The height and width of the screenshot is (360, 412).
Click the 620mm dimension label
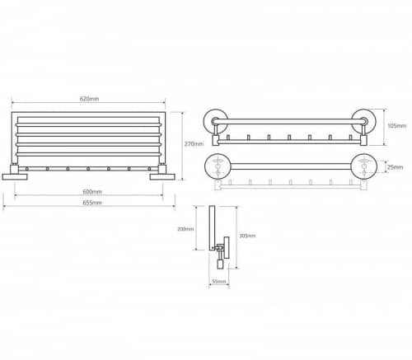tap(89, 99)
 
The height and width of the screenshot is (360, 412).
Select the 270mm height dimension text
tap(194, 144)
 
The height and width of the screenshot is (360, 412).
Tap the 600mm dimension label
tap(92, 192)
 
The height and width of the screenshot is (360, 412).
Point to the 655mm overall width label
tap(92, 203)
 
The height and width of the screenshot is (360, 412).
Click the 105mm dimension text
tap(397, 126)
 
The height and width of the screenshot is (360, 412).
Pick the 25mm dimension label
tap(395, 167)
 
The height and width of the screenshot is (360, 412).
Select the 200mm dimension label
tap(185, 229)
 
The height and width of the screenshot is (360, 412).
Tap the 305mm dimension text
tap(247, 236)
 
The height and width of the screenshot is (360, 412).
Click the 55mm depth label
tap(219, 282)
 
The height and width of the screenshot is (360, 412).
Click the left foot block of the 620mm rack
tap(15, 176)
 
